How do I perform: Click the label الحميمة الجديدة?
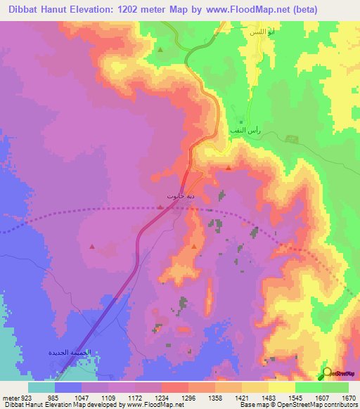[70, 351]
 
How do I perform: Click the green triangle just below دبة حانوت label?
[162, 208]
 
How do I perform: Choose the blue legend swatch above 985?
[68, 387]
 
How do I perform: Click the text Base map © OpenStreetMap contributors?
[298, 405]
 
